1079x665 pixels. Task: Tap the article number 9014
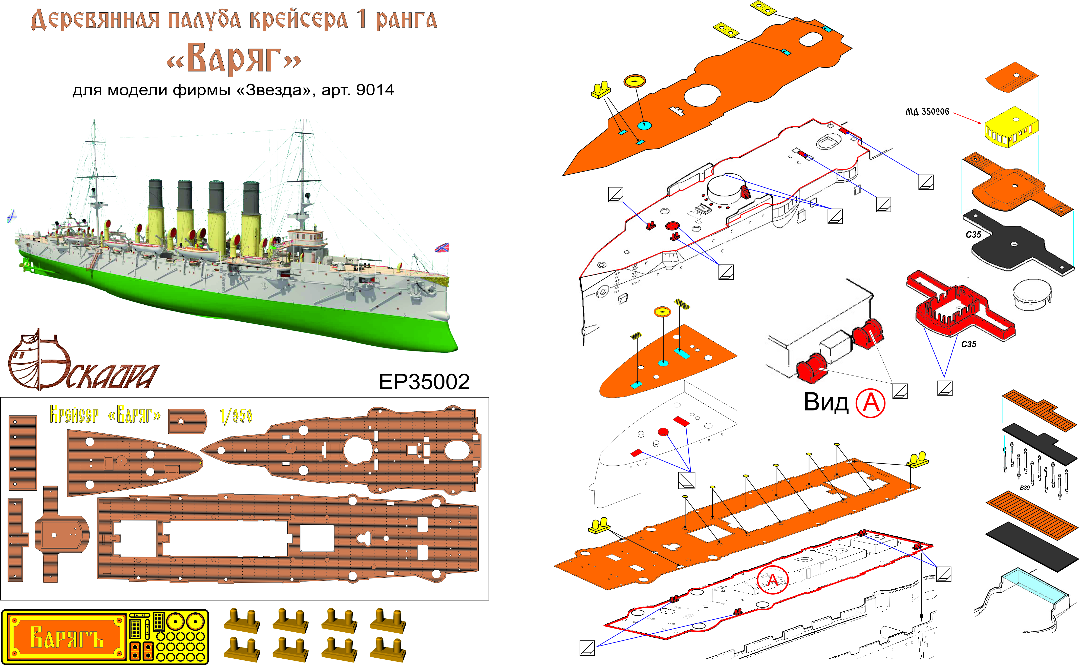click(375, 90)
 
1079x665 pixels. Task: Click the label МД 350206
click(927, 112)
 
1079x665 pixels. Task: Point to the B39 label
click(1024, 487)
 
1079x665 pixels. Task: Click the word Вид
click(826, 402)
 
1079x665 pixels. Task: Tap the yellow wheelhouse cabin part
click(1011, 128)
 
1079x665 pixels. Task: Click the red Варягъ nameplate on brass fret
click(66, 637)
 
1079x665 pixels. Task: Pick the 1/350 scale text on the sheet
click(236, 415)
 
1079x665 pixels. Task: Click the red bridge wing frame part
click(959, 308)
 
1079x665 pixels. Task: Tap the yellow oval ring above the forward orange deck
click(662, 312)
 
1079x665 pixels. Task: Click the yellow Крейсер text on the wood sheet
click(74, 414)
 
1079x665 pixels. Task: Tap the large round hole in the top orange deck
click(702, 95)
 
